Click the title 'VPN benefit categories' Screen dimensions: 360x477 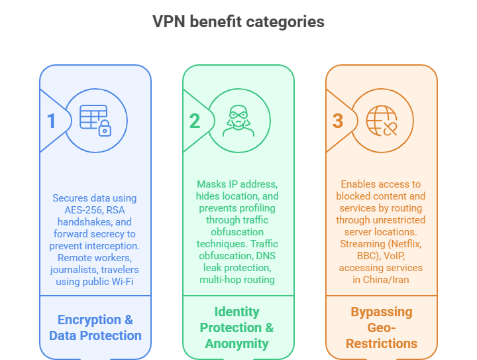238,21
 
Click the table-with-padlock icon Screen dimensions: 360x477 95,120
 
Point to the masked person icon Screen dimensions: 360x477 238,120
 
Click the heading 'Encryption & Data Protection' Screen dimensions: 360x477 95,327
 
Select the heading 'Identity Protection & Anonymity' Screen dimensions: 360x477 238,327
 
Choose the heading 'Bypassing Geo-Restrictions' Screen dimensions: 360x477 381,328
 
